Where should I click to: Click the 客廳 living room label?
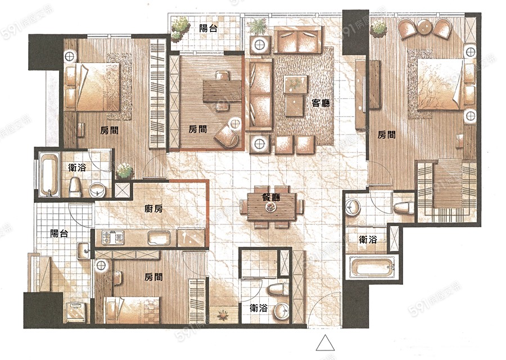pyautogui.click(x=321, y=103)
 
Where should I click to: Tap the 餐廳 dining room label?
pyautogui.click(x=271, y=197)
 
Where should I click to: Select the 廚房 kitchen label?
pyautogui.click(x=153, y=209)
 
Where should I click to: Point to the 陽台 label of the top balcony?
pyautogui.click(x=208, y=28)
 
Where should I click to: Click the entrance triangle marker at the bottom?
pyautogui.click(x=325, y=343)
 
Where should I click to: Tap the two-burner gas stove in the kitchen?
pyautogui.click(x=113, y=237)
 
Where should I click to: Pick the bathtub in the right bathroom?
pyautogui.click(x=373, y=268)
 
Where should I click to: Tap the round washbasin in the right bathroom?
pyautogui.click(x=353, y=207)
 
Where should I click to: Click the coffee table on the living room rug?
pyautogui.click(x=295, y=96)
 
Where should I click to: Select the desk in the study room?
pyautogui.click(x=222, y=91)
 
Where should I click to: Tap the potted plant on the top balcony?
pyautogui.click(x=179, y=28)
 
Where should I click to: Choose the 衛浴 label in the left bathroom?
pyautogui.click(x=77, y=167)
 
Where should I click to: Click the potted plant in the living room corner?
pyautogui.click(x=257, y=26)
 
